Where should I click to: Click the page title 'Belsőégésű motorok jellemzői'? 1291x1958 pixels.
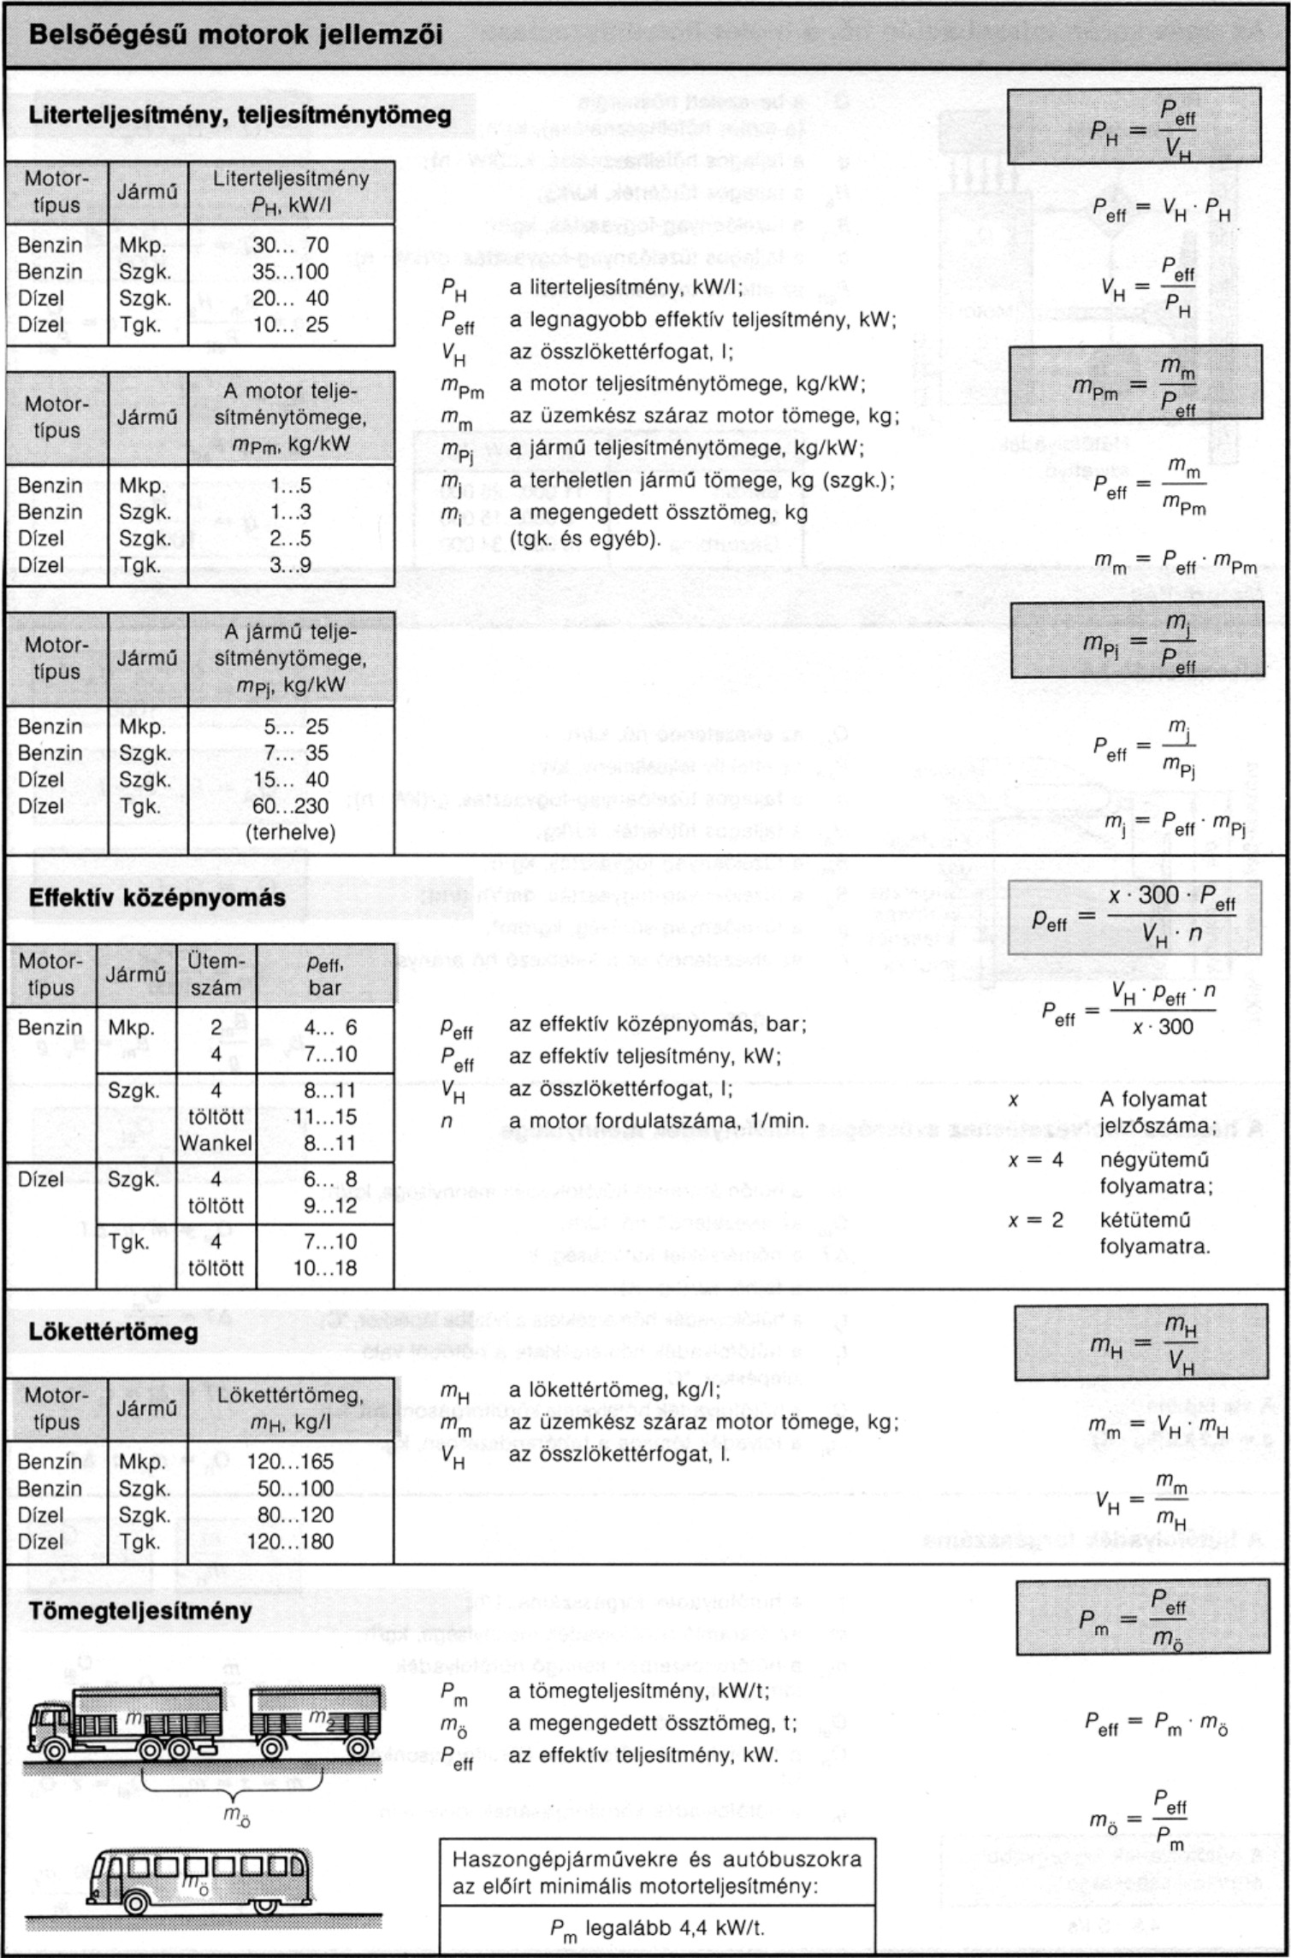[236, 35]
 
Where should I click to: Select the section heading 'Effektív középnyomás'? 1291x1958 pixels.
[157, 898]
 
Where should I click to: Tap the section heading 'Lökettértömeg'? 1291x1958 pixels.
[113, 1331]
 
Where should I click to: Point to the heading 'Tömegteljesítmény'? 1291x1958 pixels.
[140, 1611]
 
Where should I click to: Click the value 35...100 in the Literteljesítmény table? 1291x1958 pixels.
[290, 272]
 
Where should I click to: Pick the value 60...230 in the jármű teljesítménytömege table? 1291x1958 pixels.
[290, 805]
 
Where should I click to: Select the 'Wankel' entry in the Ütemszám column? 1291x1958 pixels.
[216, 1143]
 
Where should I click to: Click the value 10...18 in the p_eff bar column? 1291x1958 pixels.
[324, 1268]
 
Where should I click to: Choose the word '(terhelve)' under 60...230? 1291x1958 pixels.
[290, 832]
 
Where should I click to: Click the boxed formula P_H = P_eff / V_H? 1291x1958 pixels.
[1134, 127]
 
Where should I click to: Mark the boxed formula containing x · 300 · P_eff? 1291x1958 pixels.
[1134, 917]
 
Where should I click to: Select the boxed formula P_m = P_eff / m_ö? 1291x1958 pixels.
[1141, 1618]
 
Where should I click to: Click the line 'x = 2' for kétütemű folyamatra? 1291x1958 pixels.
[1035, 1220]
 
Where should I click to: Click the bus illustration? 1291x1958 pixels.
[198, 1881]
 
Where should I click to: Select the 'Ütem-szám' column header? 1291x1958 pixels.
[216, 974]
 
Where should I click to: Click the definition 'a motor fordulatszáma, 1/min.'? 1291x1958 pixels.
[658, 1120]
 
